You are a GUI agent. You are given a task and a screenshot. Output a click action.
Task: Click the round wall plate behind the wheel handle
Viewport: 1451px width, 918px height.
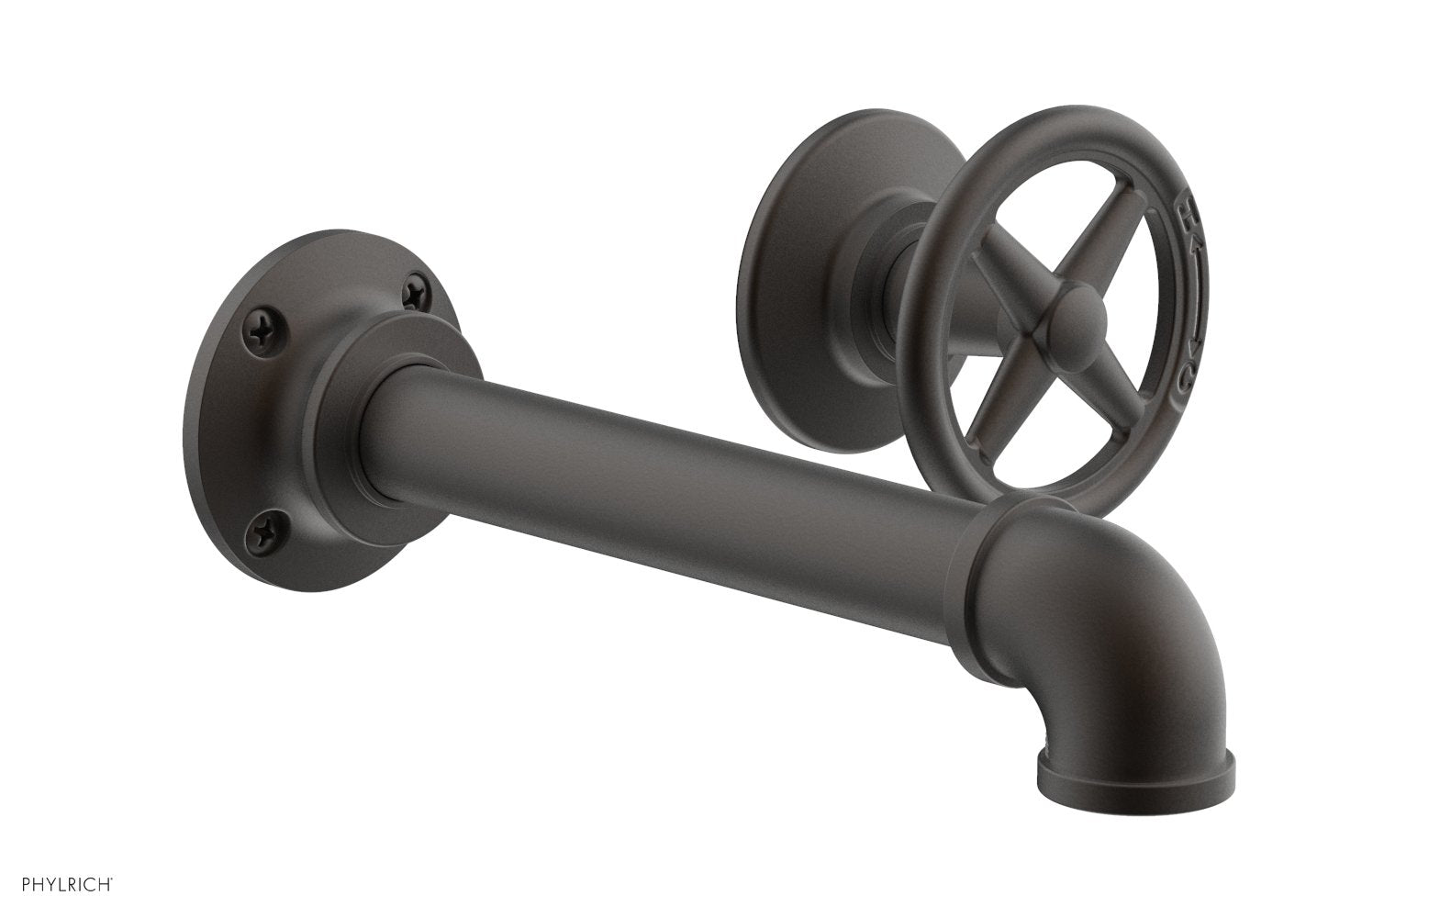point(808,275)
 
